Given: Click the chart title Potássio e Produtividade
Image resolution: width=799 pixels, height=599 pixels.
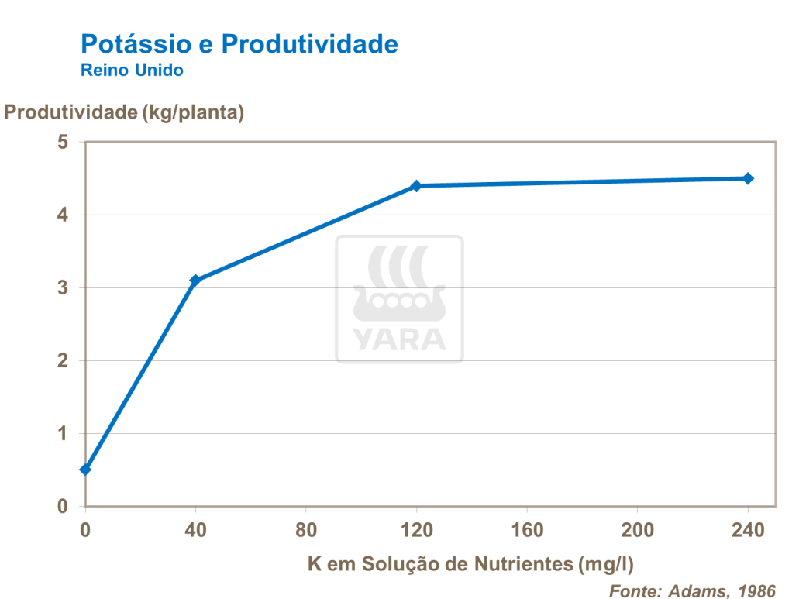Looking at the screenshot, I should [x=239, y=43].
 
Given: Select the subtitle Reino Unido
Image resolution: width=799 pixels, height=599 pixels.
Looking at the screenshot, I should [x=132, y=71].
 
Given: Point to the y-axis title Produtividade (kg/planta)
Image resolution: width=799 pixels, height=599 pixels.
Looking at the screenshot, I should [x=124, y=112].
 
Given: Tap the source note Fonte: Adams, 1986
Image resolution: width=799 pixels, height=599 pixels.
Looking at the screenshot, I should [x=692, y=590].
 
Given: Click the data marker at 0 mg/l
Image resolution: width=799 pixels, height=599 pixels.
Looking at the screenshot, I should [x=85, y=470].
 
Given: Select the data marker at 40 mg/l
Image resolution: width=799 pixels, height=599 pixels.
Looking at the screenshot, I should [x=195, y=280].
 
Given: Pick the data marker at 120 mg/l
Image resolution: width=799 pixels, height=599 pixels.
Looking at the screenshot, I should [x=416, y=186].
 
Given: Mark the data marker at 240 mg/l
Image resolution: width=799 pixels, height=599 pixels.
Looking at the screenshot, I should [x=748, y=178].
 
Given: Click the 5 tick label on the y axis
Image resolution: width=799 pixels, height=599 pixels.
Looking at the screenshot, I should [x=63, y=143].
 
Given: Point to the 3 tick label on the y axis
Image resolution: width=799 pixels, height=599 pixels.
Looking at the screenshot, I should [x=63, y=288].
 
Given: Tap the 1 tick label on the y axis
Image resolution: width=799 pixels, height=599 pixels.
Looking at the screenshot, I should [x=63, y=434].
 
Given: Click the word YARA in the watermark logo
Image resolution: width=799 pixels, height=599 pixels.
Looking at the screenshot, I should [x=399, y=339].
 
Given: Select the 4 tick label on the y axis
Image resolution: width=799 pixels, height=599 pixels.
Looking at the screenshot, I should [x=63, y=215].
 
